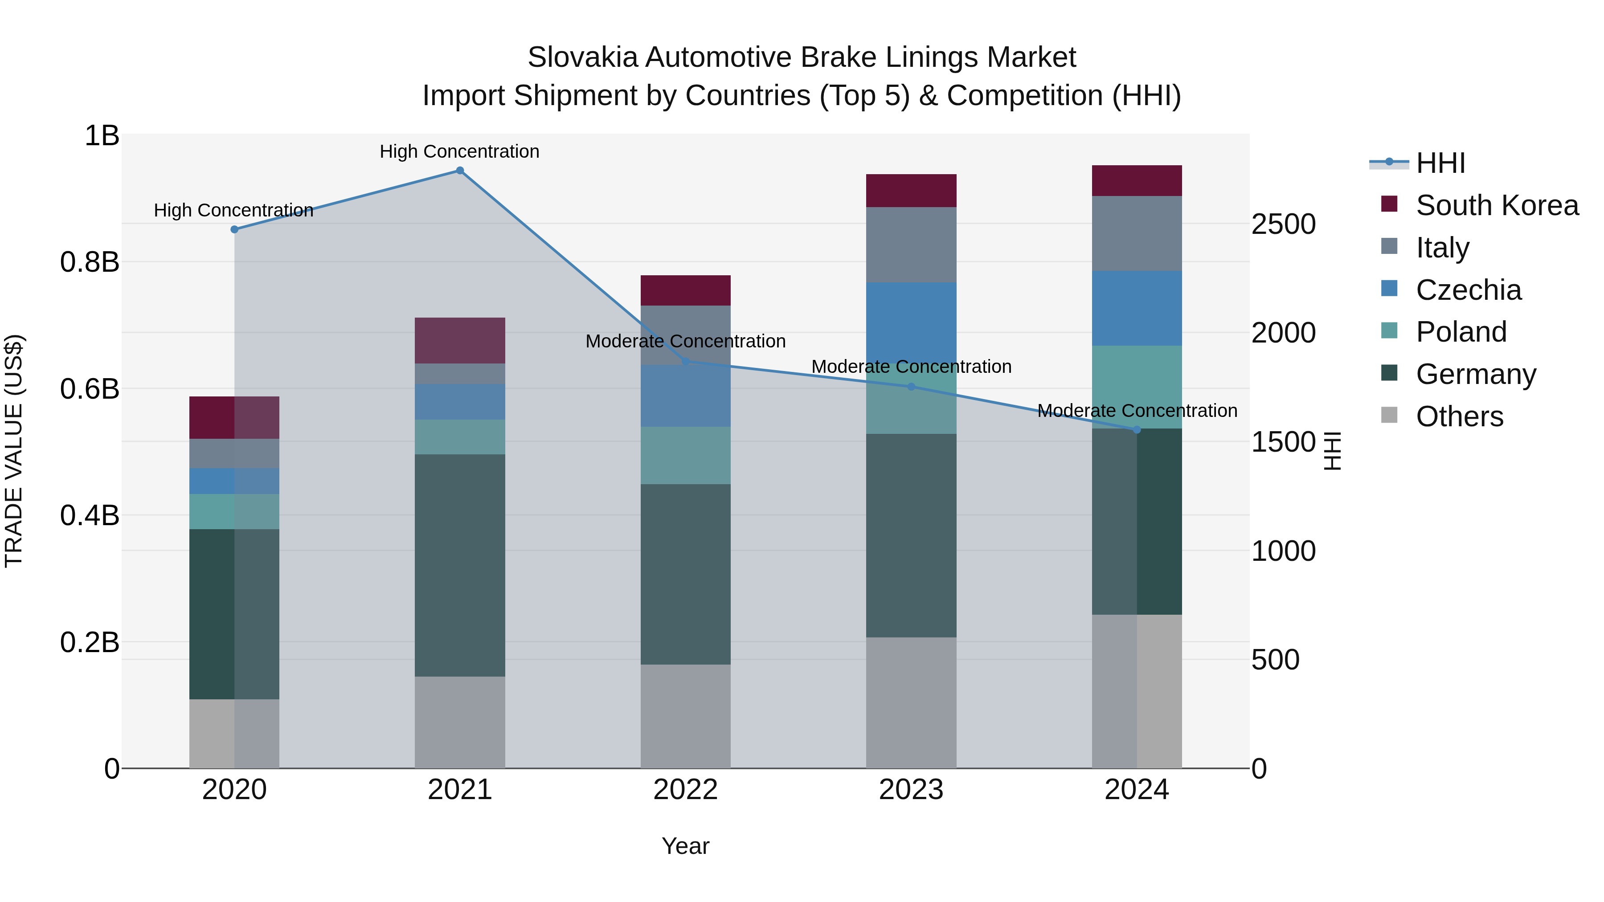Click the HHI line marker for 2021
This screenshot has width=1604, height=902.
tap(459, 170)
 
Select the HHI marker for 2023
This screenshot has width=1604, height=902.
tap(911, 387)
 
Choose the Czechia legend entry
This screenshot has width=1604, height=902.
tap(1468, 290)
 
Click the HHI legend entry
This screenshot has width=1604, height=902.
tap(1440, 163)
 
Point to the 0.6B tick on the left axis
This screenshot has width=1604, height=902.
tap(90, 389)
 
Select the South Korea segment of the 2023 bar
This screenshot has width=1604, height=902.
tap(911, 191)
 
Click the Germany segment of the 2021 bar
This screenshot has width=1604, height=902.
tap(459, 565)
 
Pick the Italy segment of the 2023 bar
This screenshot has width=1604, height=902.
tap(911, 245)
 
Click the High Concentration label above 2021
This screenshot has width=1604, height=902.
tap(459, 151)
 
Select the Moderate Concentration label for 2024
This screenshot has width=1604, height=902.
tap(1137, 411)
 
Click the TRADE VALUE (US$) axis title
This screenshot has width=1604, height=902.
tap(14, 451)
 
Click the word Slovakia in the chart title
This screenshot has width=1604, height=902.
tap(583, 57)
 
